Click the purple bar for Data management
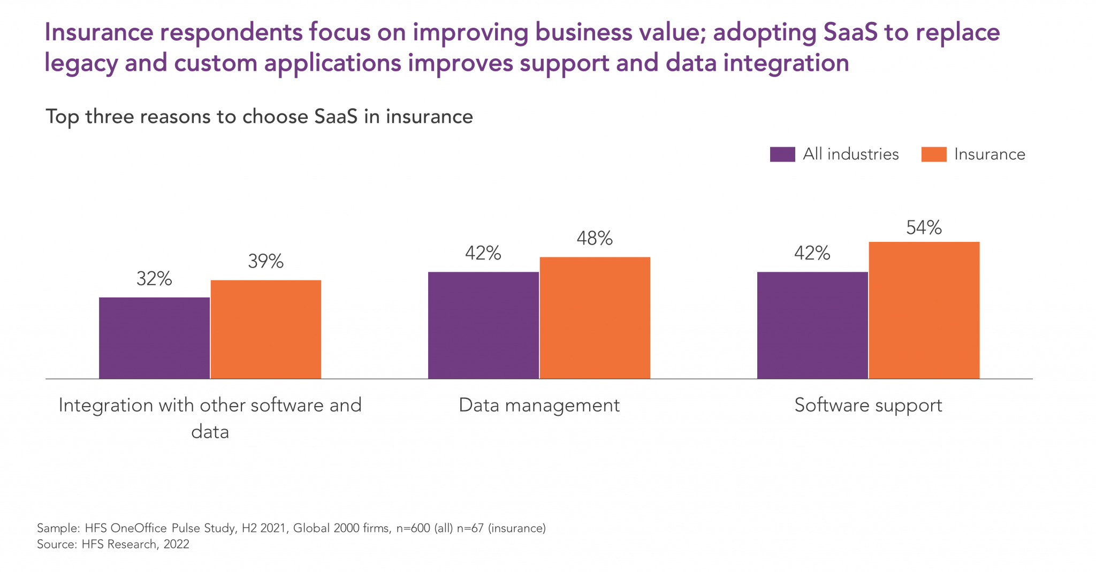(483, 325)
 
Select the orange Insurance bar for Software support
(924, 310)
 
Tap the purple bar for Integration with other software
(154, 338)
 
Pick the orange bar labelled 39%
(265, 330)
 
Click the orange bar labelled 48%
(595, 318)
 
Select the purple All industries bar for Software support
(812, 325)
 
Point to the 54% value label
(924, 228)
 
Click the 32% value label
(154, 279)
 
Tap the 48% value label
(595, 239)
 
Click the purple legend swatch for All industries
(782, 154)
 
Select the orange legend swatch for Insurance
(933, 154)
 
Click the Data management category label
(539, 405)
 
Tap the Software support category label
(868, 405)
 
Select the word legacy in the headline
(80, 63)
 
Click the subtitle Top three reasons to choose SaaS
(259, 117)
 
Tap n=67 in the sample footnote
(470, 528)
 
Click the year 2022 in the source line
(177, 544)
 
